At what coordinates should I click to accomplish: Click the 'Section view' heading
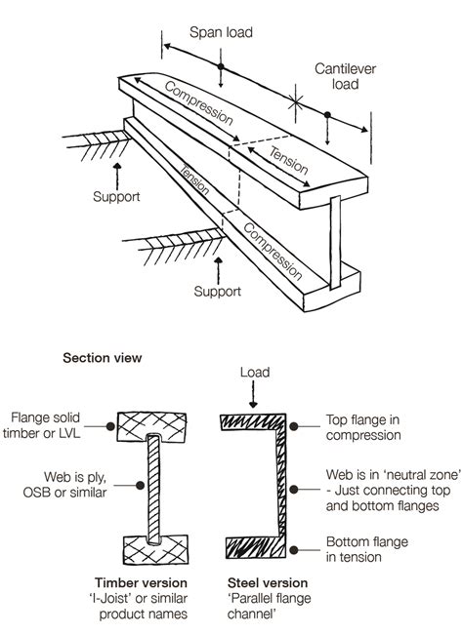(x=103, y=358)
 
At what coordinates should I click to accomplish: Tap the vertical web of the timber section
(x=152, y=488)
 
